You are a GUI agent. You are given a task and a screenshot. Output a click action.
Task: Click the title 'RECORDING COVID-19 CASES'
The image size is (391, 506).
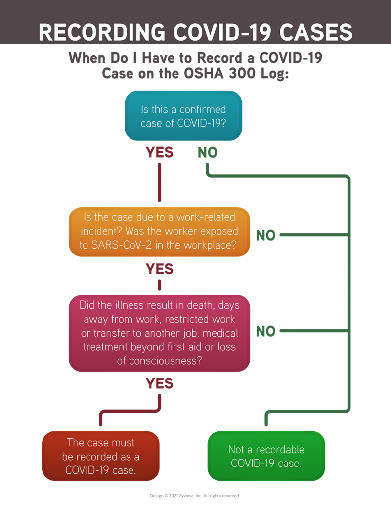click(x=195, y=32)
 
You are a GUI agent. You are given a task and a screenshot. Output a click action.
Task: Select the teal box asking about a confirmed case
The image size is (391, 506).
click(x=183, y=116)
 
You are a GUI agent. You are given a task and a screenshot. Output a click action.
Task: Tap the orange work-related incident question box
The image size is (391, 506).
click(x=159, y=231)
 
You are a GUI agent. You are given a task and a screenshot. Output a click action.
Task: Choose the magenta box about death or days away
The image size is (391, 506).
click(x=159, y=333)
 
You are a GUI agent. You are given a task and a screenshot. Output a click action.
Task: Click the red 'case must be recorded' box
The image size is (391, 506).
click(x=100, y=456)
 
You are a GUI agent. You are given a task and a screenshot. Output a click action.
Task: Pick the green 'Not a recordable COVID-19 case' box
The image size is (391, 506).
click(x=266, y=456)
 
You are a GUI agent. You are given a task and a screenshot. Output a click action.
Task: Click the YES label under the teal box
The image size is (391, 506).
click(x=159, y=152)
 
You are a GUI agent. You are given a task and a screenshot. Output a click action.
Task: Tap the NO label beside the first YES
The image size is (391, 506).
click(x=208, y=152)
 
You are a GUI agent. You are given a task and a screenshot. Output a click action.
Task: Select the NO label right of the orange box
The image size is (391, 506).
click(x=265, y=235)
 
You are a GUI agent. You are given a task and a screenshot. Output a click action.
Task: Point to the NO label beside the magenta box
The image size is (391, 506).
click(x=265, y=331)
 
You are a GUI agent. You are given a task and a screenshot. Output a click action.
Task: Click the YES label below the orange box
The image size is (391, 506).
click(x=159, y=269)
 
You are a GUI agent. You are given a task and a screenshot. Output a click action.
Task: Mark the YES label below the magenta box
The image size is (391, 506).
click(x=159, y=383)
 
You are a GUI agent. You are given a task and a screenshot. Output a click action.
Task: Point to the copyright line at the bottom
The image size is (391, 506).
click(x=195, y=495)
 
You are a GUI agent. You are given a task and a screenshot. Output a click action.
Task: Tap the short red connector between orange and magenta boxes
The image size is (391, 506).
click(x=159, y=286)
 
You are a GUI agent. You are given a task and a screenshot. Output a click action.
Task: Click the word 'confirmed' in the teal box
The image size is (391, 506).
click(x=203, y=109)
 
